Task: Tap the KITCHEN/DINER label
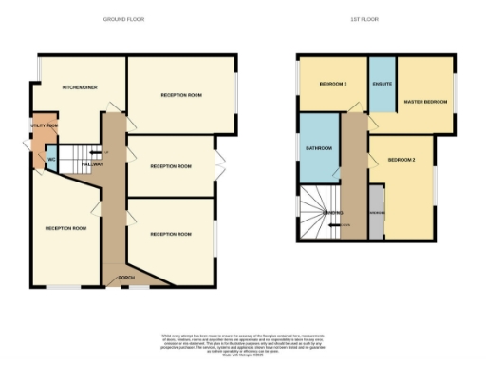[x=81, y=87]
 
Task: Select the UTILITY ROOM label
[x=45, y=125]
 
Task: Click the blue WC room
[x=51, y=161]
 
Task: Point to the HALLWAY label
[x=92, y=164]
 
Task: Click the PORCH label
[x=124, y=278]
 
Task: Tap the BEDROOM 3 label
[x=331, y=85]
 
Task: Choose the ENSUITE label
[x=383, y=85]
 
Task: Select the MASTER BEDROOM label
[x=424, y=101]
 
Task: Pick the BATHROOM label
[x=318, y=149]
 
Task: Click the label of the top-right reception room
[x=181, y=95]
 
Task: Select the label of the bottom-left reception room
[x=65, y=228]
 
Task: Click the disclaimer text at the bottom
[x=242, y=341]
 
